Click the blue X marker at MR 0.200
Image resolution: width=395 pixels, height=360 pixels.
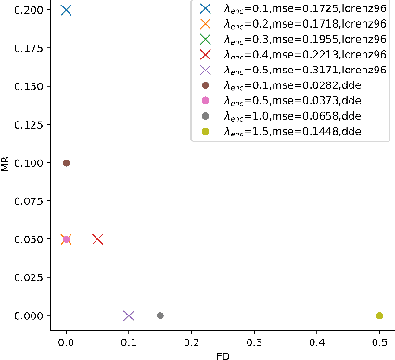point(66,10)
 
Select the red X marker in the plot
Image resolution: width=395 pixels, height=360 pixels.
point(97,239)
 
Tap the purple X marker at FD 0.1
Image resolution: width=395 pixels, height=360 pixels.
point(129,315)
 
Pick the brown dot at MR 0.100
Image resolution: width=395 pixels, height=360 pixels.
point(66,162)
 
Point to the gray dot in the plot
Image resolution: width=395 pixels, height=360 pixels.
point(160,315)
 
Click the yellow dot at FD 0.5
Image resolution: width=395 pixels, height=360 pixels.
point(379,315)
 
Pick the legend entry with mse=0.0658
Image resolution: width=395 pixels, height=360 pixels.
point(294,115)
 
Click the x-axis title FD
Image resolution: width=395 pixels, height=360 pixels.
point(223,353)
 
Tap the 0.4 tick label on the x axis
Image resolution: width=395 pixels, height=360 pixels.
point(317,337)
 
